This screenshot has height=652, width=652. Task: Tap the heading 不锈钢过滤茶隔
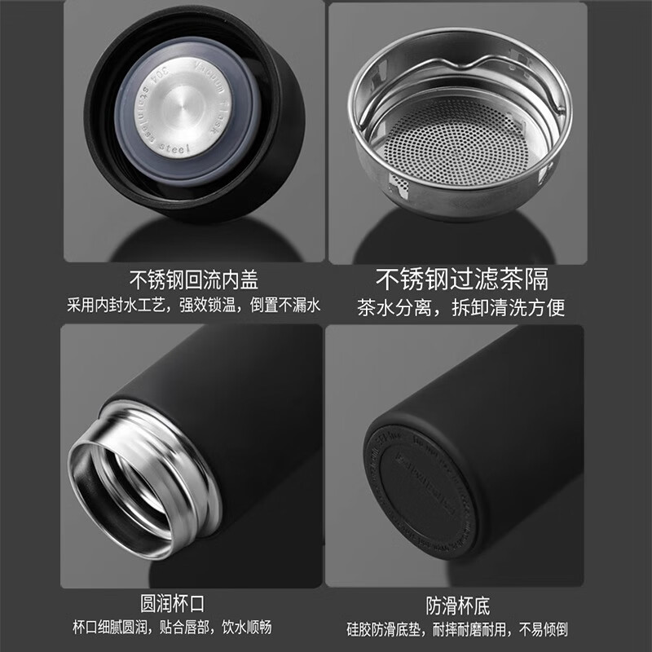tap(461, 280)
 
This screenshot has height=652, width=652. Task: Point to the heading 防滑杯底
tap(458, 606)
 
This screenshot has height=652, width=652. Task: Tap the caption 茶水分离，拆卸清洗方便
tap(461, 307)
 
